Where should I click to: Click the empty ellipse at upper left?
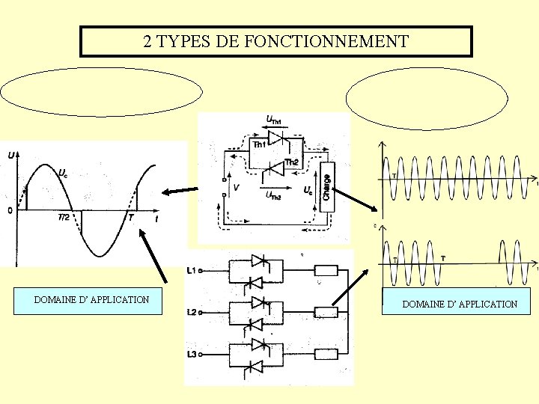[x=102, y=94]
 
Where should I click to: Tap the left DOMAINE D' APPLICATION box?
[x=91, y=300]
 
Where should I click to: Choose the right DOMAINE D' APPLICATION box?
[x=459, y=304]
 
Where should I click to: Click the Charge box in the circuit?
[x=326, y=186]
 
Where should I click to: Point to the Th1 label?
[x=259, y=144]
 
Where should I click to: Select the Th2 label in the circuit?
[x=291, y=162]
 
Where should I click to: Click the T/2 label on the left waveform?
[x=65, y=217]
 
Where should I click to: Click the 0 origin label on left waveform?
[x=10, y=211]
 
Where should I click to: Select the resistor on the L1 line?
[x=326, y=270]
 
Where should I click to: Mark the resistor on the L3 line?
[x=326, y=354]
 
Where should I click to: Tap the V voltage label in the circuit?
[x=236, y=189]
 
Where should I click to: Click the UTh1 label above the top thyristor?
[x=275, y=119]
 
